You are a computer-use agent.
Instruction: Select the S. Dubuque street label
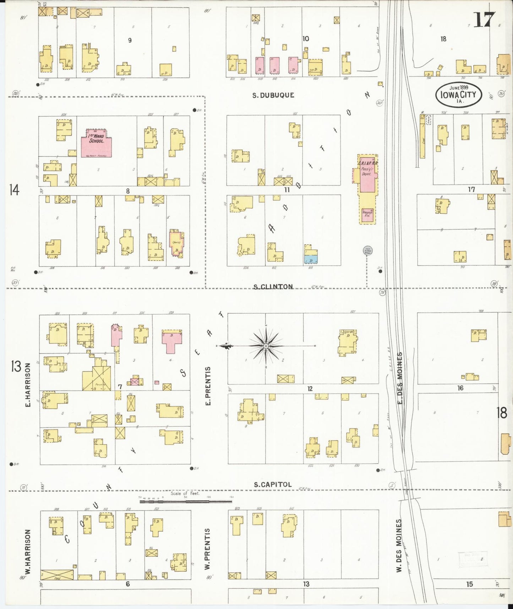tap(273, 95)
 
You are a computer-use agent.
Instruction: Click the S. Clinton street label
tap(273, 286)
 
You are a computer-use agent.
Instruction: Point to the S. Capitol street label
tap(273, 484)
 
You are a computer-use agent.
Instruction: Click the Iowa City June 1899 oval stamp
tap(458, 95)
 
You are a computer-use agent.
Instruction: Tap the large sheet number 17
tap(484, 20)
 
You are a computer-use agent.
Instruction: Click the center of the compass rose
tap(266, 346)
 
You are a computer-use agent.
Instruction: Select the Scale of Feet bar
tap(185, 501)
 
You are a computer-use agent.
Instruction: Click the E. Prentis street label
tap(208, 386)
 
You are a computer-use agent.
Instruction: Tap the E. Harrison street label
tap(28, 385)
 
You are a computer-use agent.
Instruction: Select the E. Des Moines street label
tap(399, 378)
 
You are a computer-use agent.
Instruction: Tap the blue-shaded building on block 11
tap(311, 259)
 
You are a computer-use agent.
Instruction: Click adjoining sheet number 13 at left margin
tap(16, 366)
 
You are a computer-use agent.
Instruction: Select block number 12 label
tap(310, 389)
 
